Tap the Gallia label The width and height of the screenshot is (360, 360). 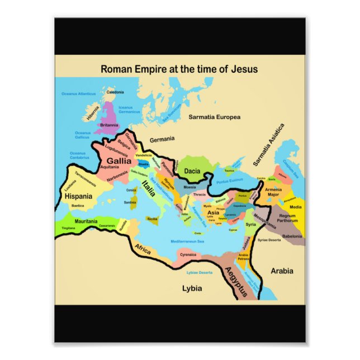point(119,160)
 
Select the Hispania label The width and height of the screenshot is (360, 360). point(78,196)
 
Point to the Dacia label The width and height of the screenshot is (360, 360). point(192,170)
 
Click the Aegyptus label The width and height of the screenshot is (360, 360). point(235,282)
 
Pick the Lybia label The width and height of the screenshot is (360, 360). point(192,288)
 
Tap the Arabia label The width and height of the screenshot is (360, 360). point(282,271)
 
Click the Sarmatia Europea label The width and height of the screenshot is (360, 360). point(214,117)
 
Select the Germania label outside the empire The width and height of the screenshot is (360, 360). point(162,139)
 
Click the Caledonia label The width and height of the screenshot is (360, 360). point(115,92)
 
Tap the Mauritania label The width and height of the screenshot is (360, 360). point(86,221)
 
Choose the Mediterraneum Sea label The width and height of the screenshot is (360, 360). point(187,241)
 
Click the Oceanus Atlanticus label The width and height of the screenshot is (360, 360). point(79,94)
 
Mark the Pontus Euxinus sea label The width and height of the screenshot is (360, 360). point(229,181)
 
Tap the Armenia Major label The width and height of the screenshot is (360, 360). point(273,192)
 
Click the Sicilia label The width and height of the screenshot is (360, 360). point(152,219)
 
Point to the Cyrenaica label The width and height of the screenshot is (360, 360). point(188,254)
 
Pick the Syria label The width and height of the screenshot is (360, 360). point(250,224)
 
